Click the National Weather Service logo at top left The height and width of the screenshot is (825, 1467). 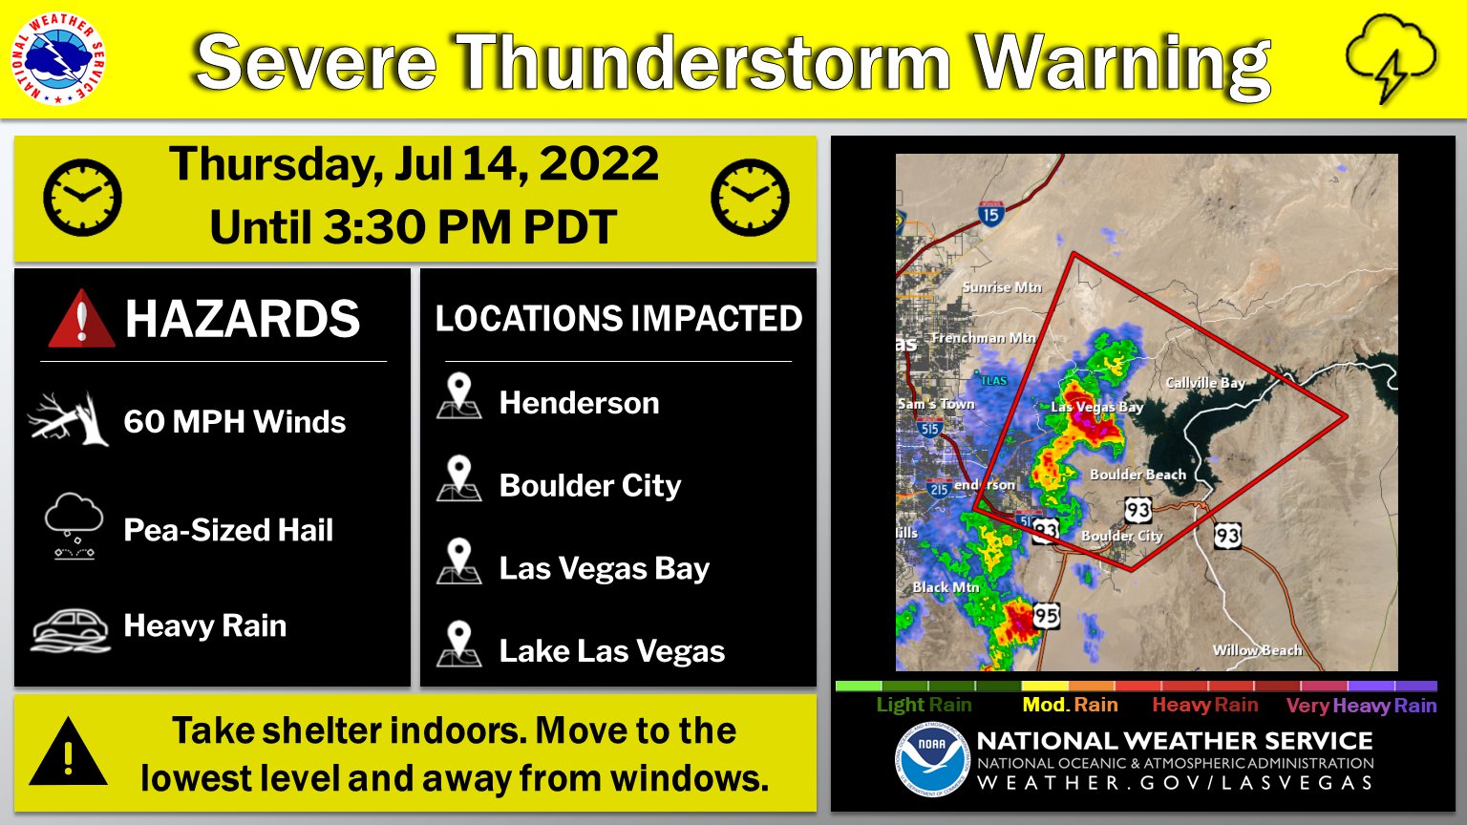tap(59, 59)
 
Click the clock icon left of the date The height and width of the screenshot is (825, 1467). tap(83, 198)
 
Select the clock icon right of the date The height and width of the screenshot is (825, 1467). tap(750, 198)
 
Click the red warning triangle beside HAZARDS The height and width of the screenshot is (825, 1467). tap(81, 319)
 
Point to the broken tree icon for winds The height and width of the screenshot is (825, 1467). tap(68, 419)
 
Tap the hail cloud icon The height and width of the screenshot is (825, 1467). tap(74, 526)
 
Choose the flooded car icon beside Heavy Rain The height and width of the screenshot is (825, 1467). tap(71, 628)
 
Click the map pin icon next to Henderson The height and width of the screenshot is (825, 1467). tap(459, 397)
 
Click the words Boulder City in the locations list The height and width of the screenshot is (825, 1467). tap(590, 486)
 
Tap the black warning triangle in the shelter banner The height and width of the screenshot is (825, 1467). tap(68, 752)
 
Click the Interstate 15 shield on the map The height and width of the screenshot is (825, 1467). tap(990, 215)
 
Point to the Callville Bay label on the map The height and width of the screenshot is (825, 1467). tap(1205, 383)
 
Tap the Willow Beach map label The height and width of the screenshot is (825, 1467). tap(1257, 650)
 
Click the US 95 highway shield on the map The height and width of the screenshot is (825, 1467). tap(1046, 616)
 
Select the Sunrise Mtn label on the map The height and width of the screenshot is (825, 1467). tap(1002, 287)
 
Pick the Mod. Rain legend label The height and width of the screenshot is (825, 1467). tap(1070, 706)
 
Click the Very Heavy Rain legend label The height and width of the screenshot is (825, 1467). tap(1361, 706)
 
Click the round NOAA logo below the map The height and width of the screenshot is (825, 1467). tap(931, 759)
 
